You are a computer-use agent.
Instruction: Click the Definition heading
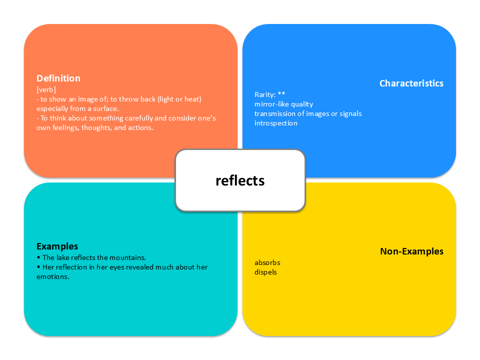click(58, 78)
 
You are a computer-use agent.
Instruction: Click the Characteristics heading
click(411, 83)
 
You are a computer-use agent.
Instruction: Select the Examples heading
click(57, 246)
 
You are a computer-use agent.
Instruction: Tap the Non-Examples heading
click(411, 251)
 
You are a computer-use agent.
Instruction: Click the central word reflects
click(240, 180)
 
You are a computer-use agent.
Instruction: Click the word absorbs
click(267, 262)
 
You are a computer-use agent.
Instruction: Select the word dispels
click(265, 272)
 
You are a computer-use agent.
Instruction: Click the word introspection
click(275, 123)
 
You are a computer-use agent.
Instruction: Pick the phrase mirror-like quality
click(283, 104)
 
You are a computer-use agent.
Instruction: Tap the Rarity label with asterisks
click(270, 94)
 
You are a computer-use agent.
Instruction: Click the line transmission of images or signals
click(308, 113)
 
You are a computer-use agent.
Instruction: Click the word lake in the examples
click(62, 258)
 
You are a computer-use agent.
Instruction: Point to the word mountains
click(128, 258)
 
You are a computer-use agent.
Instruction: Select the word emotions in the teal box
click(52, 277)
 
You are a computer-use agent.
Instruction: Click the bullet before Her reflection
click(38, 267)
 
